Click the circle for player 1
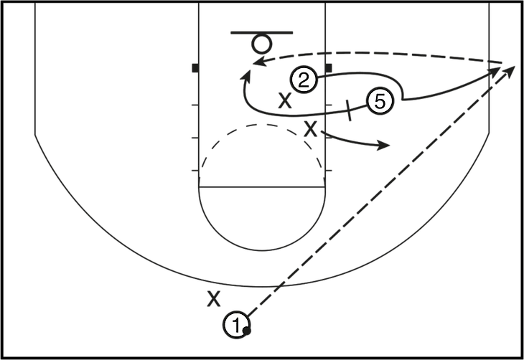coord(237,324)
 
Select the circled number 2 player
coord(304,80)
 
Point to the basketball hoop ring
coord(261,44)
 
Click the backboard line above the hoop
coord(263,32)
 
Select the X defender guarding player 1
coord(214,296)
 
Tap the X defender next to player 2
coord(286,101)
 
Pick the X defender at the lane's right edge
coord(311,129)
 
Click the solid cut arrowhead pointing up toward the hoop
coord(246,72)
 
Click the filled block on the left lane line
coord(195,69)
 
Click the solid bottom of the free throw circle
coord(263,249)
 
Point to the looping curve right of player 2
coord(388,82)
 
